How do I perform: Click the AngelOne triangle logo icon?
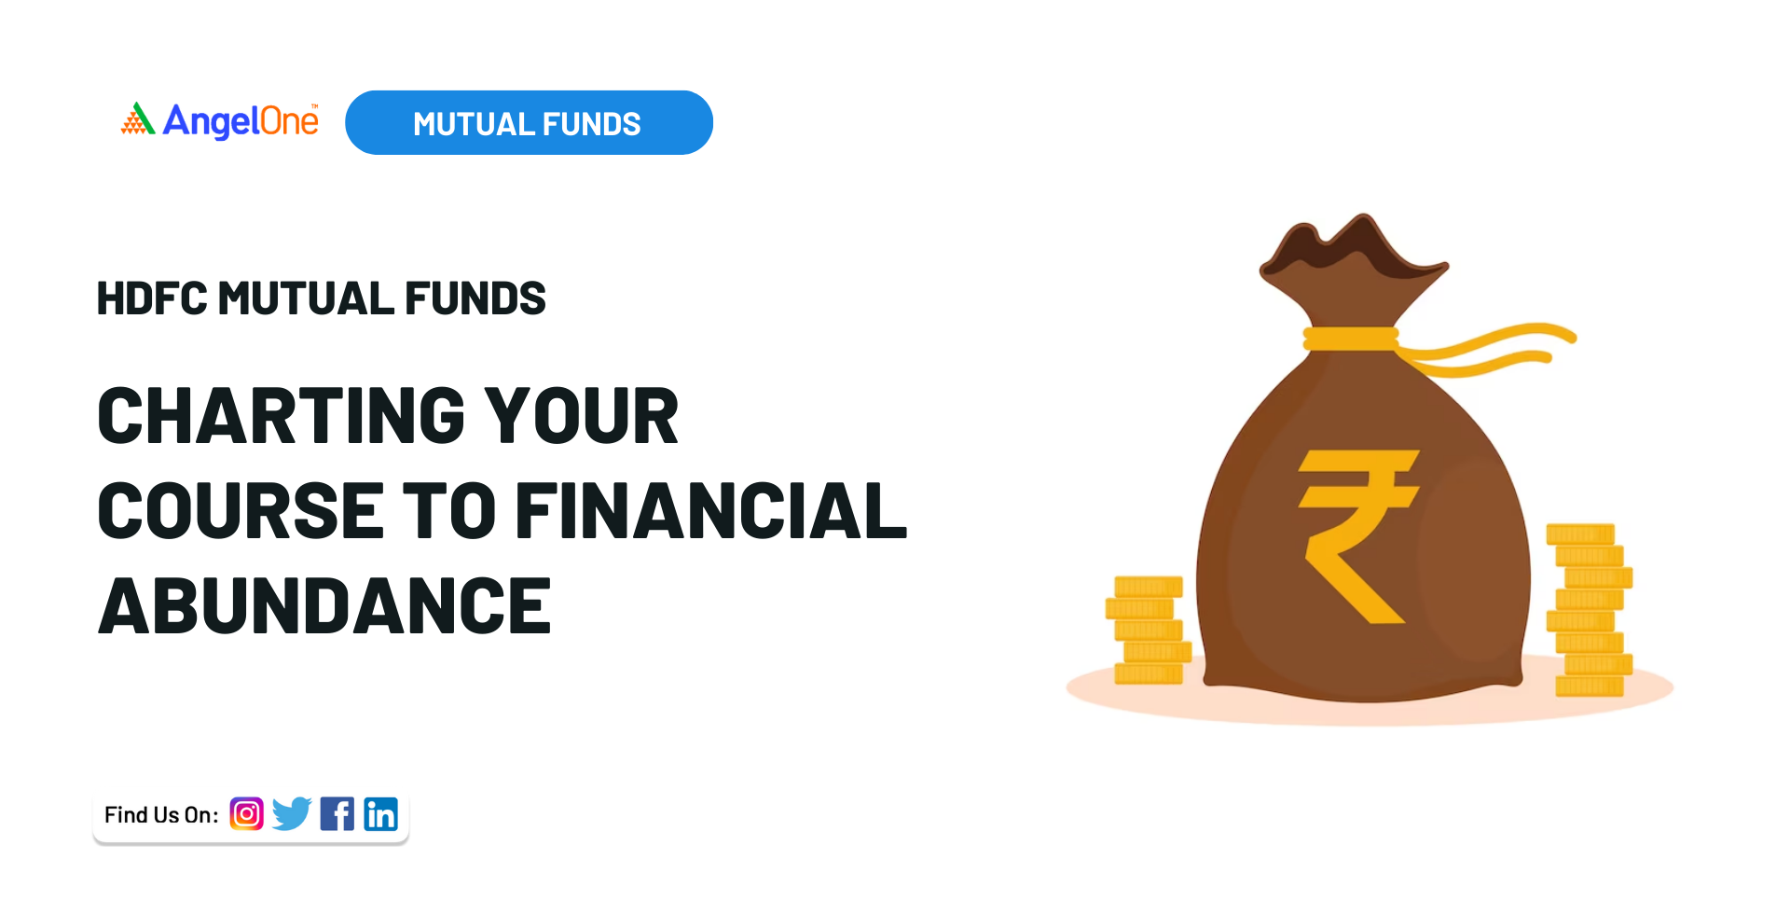138,118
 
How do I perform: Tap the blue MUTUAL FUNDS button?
529,122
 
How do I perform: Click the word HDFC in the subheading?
152,298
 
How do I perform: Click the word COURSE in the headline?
241,510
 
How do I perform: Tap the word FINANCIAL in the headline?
710,510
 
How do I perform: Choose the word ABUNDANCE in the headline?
324,606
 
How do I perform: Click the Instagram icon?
247,814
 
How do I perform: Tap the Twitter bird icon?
292,814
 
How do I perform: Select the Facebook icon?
337,814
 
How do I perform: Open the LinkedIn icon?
380,814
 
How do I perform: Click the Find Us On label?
161,815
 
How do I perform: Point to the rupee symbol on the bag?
1358,536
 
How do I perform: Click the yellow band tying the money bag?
1351,339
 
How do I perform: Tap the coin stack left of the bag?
1148,631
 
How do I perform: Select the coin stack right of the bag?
1590,610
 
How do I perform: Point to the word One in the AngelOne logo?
289,121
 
